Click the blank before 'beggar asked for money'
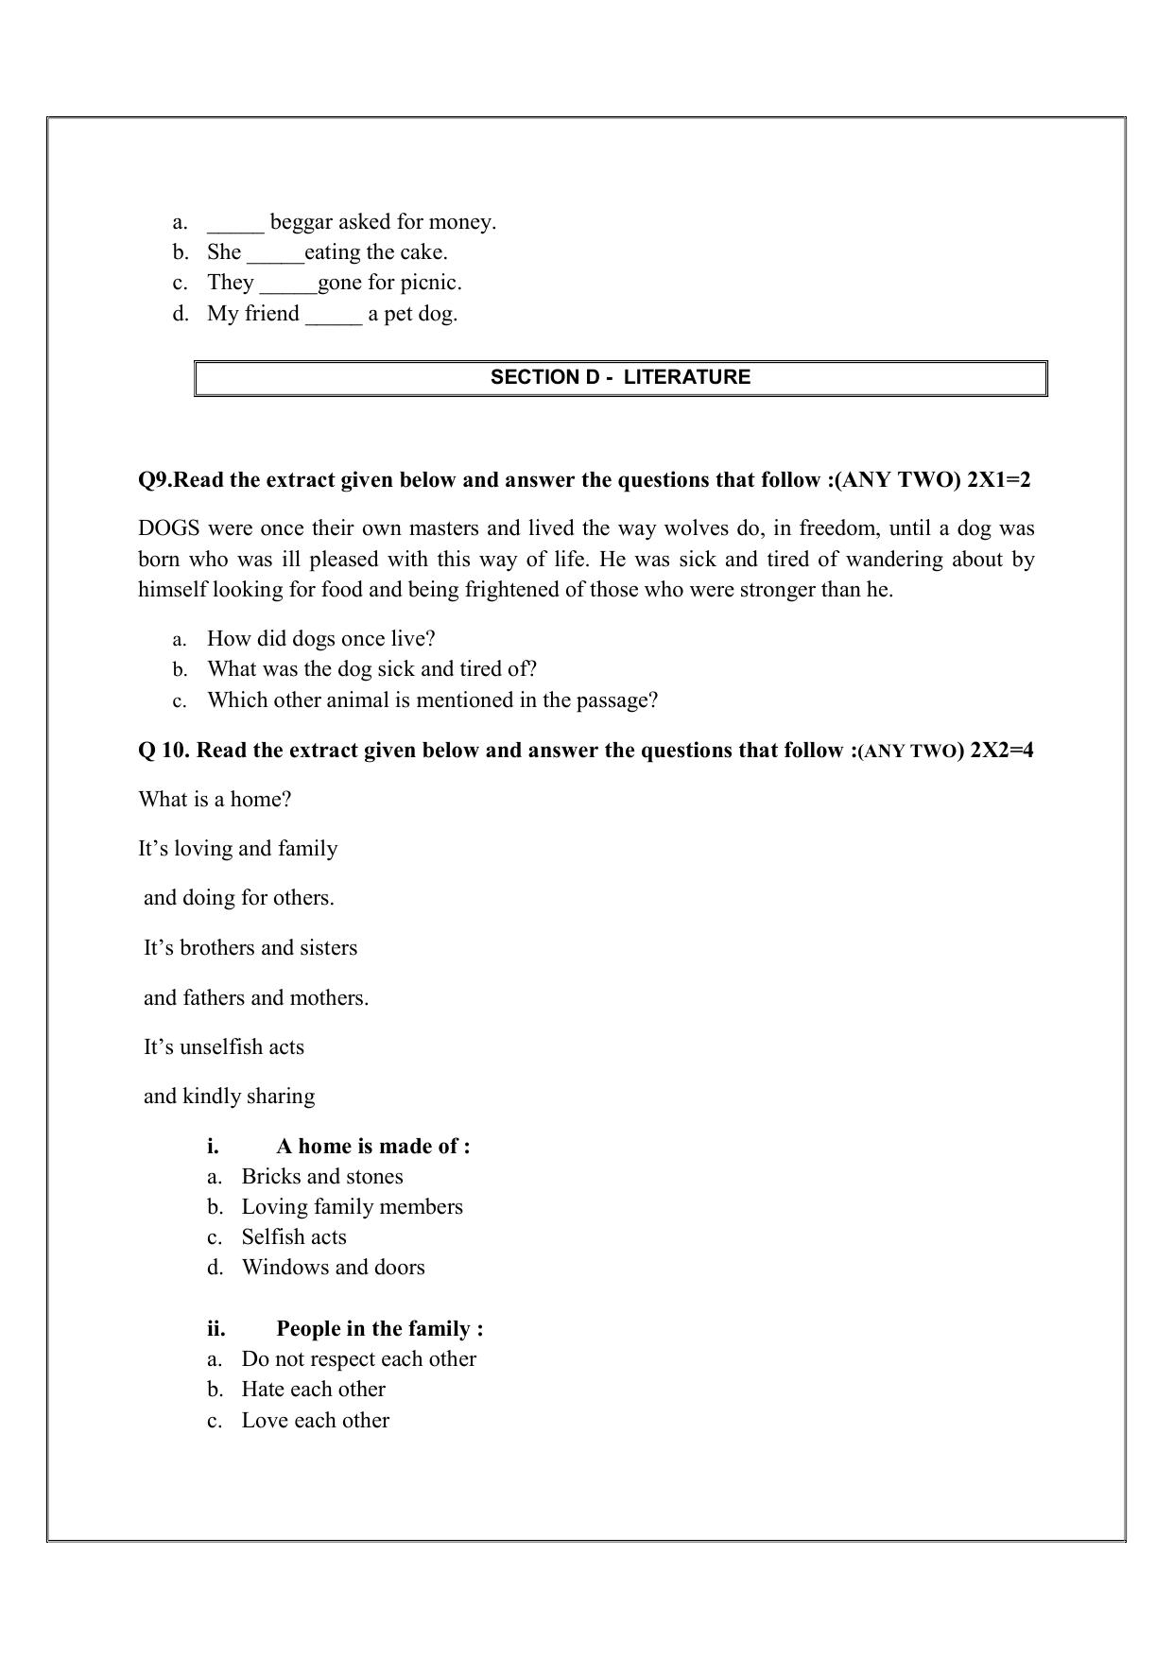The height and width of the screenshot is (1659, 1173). coord(235,224)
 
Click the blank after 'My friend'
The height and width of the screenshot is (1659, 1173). coord(334,316)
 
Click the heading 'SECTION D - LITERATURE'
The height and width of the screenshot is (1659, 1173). coord(620,377)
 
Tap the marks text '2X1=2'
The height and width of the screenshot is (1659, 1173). coord(999,480)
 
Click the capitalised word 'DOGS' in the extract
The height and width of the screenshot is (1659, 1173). coord(169,528)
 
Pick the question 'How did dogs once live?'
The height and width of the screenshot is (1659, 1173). coord(320,638)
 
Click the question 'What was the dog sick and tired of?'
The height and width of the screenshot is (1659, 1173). coord(371,669)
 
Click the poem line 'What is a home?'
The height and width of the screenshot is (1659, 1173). coord(215,800)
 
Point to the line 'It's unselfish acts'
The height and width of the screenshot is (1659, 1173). coord(224,1047)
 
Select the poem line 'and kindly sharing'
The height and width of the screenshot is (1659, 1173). coord(229,1097)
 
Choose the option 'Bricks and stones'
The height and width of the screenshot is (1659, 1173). coord(322,1177)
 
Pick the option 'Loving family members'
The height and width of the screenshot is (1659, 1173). coord(352,1207)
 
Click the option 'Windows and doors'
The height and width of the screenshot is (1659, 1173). coord(333,1268)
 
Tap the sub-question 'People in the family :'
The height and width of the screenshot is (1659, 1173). coord(379,1329)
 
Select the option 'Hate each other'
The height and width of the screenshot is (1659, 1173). coord(313,1390)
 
